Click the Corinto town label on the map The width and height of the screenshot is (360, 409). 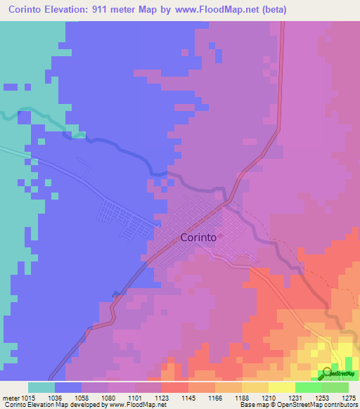(198, 238)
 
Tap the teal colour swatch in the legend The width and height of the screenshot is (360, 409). (41, 387)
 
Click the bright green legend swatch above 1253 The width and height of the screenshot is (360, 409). (309, 387)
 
